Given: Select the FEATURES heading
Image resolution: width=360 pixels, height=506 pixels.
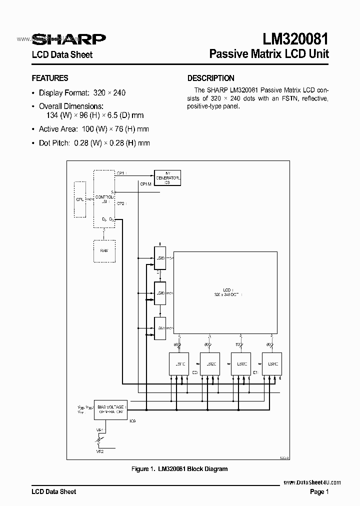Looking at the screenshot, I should [50, 78].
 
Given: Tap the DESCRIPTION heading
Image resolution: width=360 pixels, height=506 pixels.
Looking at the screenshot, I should [210, 78].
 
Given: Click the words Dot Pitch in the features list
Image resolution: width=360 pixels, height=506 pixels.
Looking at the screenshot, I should [54, 143].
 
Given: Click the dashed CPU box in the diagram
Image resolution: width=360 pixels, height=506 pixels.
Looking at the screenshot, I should [80, 199].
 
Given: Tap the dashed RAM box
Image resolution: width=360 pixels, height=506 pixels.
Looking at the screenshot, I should [104, 250].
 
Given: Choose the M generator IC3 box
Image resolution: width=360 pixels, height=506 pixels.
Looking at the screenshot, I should [167, 177].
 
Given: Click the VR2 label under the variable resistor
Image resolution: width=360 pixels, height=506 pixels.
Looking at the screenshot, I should [99, 451].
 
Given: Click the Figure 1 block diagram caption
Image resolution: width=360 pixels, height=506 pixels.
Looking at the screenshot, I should [179, 469].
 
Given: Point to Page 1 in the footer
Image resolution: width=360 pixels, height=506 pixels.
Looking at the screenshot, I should [319, 492].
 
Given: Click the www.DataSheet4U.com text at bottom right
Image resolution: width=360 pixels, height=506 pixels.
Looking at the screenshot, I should [312, 482].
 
